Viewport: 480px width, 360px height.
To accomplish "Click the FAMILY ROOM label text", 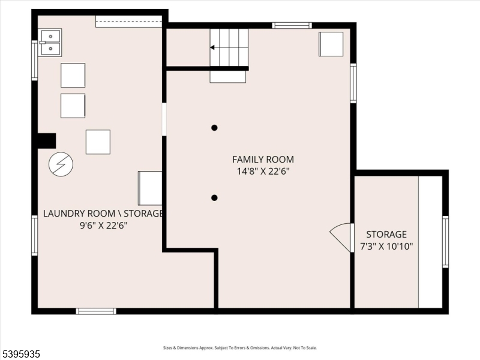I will tap(263, 159).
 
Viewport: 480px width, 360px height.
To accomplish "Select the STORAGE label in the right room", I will tap(386, 234).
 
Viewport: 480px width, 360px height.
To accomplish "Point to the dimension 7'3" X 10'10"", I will tap(386, 246).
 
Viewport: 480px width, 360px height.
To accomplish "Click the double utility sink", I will tap(50, 42).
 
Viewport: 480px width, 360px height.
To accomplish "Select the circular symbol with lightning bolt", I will tap(61, 164).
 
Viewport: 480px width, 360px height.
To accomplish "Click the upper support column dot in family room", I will tap(214, 127).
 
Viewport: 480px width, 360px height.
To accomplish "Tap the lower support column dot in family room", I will tap(214, 197).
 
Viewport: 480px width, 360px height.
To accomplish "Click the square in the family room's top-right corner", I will tap(331, 44).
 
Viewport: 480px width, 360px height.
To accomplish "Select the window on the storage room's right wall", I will tap(445, 241).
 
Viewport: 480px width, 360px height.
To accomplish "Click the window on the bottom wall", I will tap(96, 311).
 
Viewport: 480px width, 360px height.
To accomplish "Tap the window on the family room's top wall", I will tap(292, 25).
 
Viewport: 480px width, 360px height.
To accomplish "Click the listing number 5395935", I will tap(21, 354).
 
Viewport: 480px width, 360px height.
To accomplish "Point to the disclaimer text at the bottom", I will tap(240, 348).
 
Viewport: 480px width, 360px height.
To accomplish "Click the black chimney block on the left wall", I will tap(46, 140).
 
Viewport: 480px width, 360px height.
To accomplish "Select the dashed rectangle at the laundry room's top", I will tap(128, 22).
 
